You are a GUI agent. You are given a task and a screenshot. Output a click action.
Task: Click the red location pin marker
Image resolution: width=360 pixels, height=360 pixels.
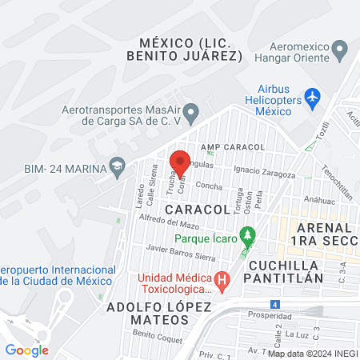[x=180, y=162]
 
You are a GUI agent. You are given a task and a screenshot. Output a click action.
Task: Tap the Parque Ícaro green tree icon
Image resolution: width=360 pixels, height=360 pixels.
[x=249, y=236]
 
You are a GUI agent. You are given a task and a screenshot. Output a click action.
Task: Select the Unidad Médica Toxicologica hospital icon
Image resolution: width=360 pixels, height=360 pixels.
[x=223, y=281]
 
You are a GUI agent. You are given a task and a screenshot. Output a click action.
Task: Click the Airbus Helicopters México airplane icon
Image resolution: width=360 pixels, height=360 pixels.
[x=313, y=99]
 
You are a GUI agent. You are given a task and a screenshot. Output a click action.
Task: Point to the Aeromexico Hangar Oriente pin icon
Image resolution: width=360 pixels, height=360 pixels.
[x=340, y=51]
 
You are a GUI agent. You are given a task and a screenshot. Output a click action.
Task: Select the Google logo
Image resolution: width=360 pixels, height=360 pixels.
[x=26, y=350]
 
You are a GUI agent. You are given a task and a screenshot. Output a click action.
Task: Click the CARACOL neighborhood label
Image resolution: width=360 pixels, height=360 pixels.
[x=198, y=209]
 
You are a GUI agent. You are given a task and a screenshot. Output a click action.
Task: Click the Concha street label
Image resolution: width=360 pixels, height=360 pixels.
[x=209, y=186]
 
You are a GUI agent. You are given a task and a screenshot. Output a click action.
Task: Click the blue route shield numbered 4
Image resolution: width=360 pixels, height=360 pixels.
[x=275, y=304]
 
